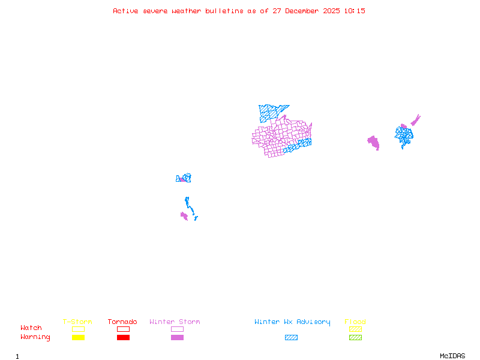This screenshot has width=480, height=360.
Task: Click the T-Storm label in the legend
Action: (77, 322)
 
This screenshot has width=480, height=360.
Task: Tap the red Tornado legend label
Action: (122, 322)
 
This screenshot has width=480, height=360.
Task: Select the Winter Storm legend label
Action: (175, 322)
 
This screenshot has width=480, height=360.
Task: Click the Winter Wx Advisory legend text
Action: (292, 322)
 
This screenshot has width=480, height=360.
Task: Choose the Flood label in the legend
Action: (355, 322)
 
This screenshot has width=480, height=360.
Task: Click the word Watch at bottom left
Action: (31, 328)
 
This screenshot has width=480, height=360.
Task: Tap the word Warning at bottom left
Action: (35, 337)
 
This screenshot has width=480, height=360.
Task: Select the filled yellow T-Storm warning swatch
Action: (78, 337)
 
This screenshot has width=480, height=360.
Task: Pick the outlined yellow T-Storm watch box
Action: (78, 329)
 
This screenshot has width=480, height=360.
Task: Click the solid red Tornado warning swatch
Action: (123, 337)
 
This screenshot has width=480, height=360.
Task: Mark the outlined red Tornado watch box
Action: (123, 329)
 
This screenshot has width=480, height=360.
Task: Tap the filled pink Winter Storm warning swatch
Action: (177, 337)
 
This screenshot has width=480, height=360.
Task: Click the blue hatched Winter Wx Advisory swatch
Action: (291, 337)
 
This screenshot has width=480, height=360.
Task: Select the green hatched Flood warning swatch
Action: (355, 337)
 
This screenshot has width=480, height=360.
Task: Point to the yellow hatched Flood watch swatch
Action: (355, 329)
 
